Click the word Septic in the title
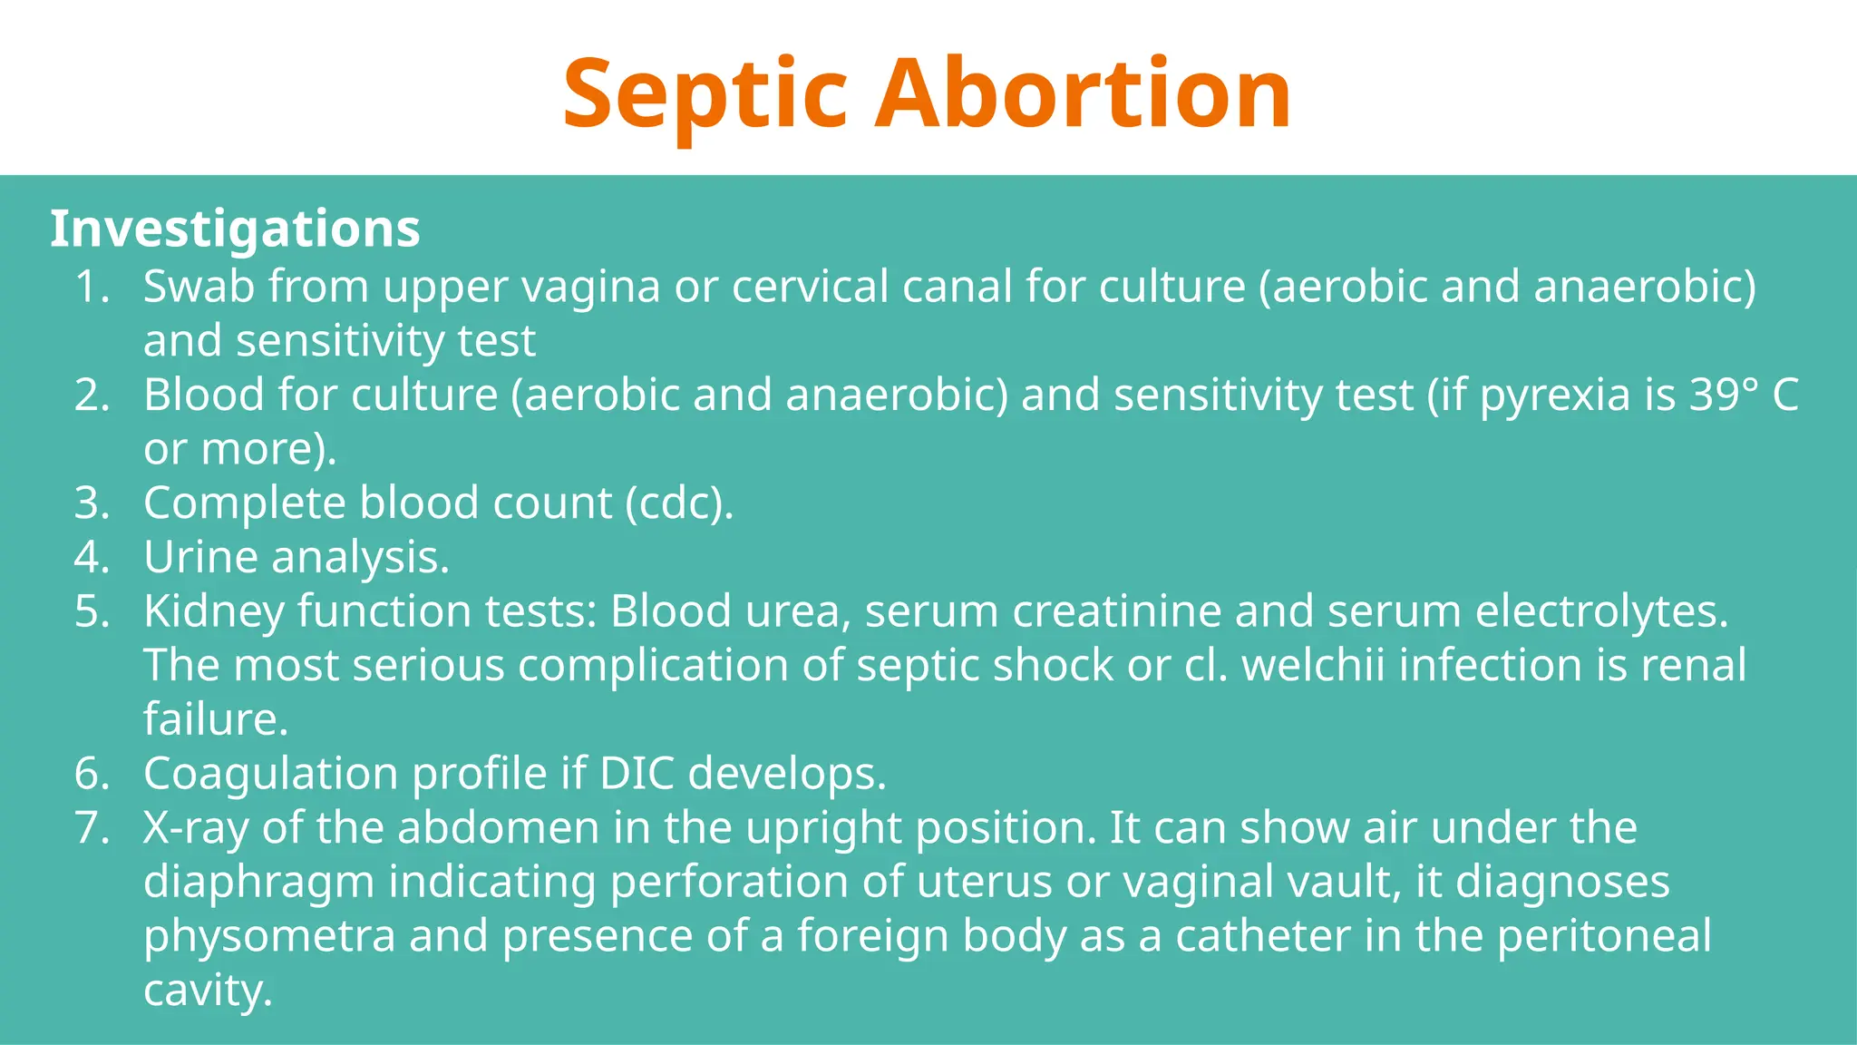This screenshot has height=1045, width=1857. pos(705,94)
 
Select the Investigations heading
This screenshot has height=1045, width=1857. pos(235,229)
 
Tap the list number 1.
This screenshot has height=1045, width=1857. pos(91,287)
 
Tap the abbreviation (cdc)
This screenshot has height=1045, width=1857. pos(679,503)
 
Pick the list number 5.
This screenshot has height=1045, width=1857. pos(92,611)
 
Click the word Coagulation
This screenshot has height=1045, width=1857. pos(270,775)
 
